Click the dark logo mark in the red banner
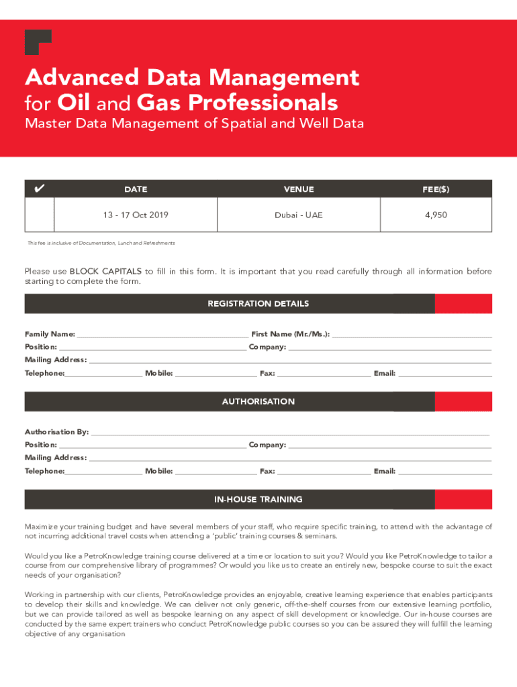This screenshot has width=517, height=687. pyautogui.click(x=37, y=42)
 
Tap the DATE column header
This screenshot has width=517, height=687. pyautogui.click(x=136, y=189)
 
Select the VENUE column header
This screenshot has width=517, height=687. pyautogui.click(x=298, y=189)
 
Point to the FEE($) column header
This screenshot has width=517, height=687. pyautogui.click(x=436, y=189)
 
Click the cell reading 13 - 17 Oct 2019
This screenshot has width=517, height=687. pyautogui.click(x=136, y=215)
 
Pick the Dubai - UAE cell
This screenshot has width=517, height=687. pyautogui.click(x=298, y=215)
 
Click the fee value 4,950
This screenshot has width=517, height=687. pyautogui.click(x=436, y=215)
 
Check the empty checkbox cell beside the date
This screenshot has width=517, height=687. pyautogui.click(x=40, y=215)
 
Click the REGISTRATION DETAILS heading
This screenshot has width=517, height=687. pyautogui.click(x=258, y=304)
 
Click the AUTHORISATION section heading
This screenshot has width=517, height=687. pyautogui.click(x=258, y=402)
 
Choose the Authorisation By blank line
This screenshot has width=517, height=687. pyautogui.click(x=290, y=432)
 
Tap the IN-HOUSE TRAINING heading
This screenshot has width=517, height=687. pyautogui.click(x=258, y=500)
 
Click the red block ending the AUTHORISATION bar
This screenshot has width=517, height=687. pyautogui.click(x=463, y=402)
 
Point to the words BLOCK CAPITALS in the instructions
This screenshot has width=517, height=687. pyautogui.click(x=105, y=272)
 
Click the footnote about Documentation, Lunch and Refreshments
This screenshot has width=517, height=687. pyautogui.click(x=101, y=243)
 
